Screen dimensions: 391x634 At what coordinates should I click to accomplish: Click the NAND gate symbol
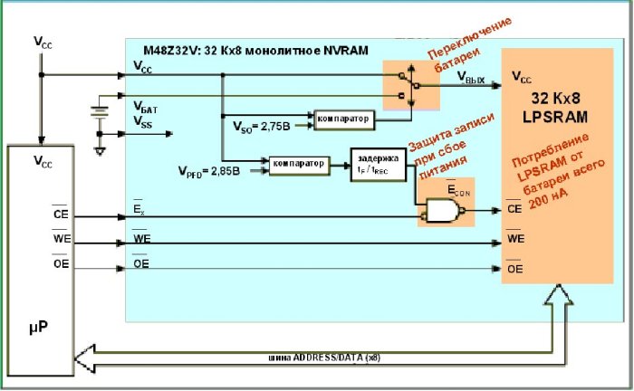coord(440,211)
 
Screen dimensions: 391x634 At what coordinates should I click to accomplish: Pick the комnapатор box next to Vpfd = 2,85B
coord(296,163)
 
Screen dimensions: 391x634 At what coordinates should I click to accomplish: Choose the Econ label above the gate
coord(460,191)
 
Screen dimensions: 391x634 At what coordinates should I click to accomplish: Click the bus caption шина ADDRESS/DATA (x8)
coord(323,357)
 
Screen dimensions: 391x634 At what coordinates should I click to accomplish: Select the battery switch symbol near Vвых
coord(405,85)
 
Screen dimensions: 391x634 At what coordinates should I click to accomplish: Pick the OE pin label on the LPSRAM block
coord(514,268)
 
